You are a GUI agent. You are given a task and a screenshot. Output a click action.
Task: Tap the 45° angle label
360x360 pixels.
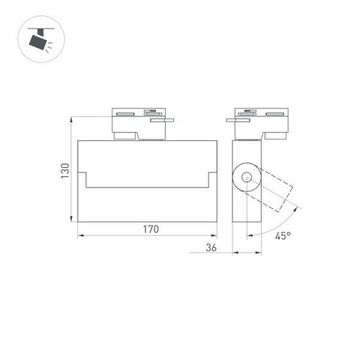click(284, 237)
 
